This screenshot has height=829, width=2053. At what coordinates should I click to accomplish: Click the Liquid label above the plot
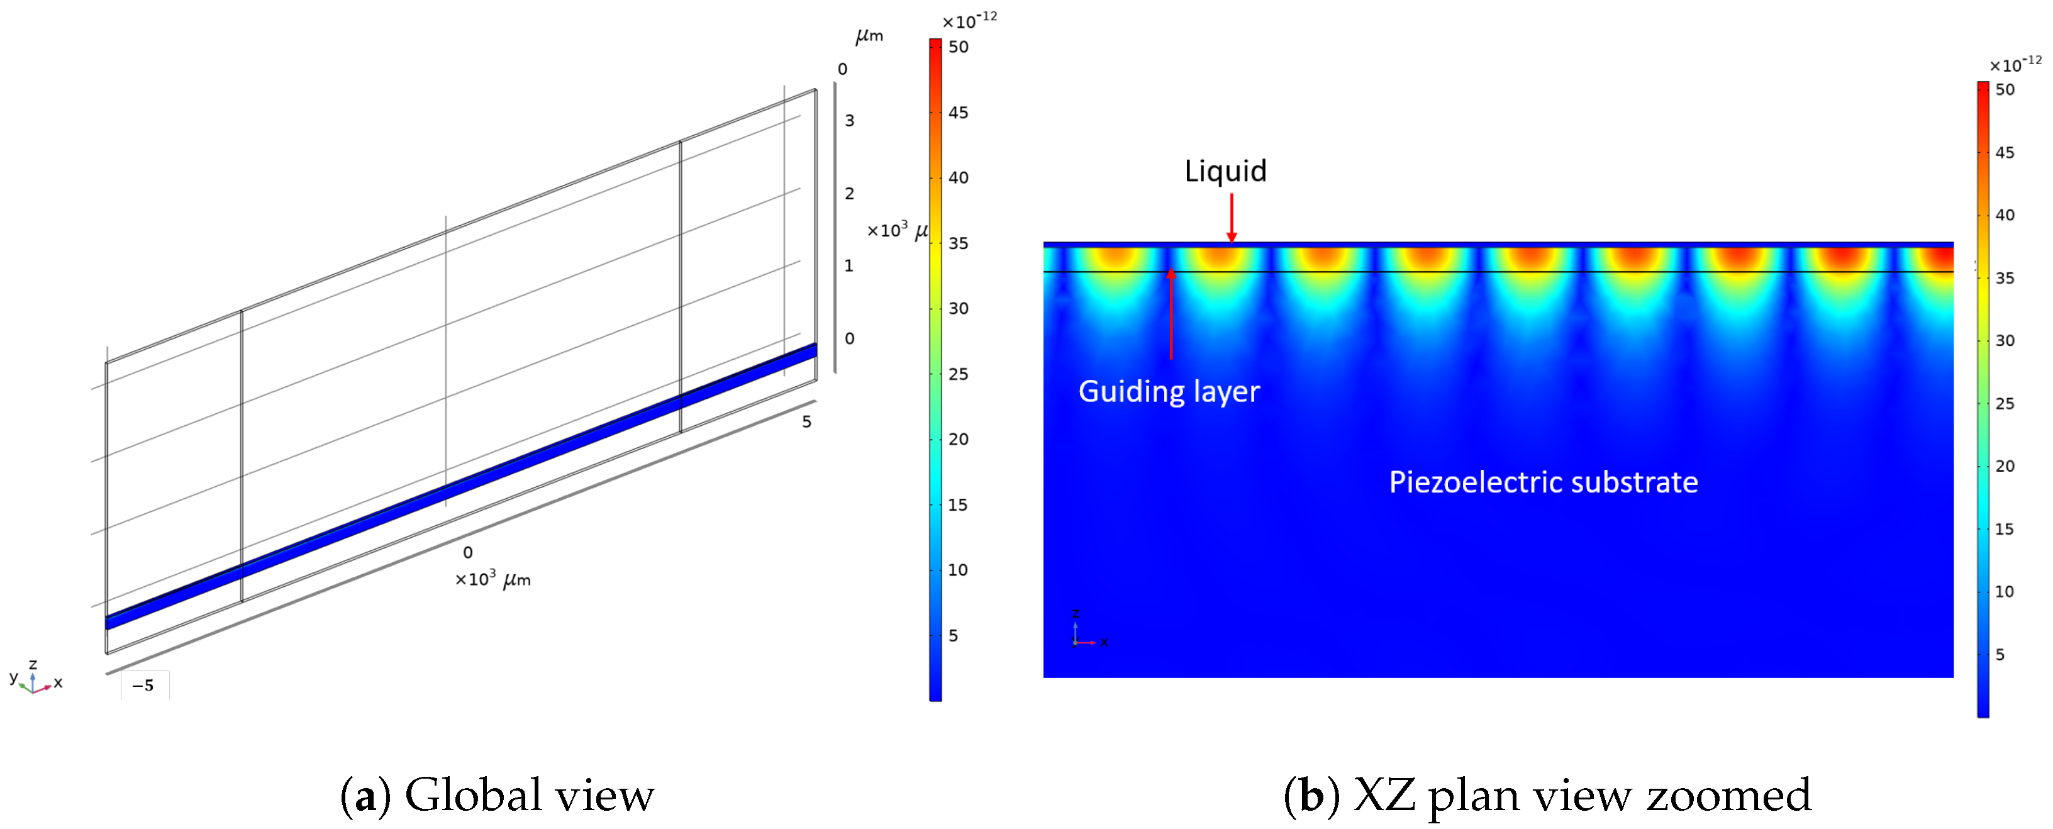[x=1225, y=171]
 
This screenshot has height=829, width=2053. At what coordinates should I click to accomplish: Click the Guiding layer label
[x=1169, y=391]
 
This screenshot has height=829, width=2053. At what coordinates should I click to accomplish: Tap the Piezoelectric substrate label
[x=1543, y=482]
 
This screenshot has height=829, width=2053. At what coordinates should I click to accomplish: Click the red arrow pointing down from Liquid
[x=1232, y=217]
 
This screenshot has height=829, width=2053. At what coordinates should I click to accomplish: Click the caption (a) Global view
[x=498, y=796]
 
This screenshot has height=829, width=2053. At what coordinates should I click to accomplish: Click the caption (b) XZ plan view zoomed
[x=1547, y=796]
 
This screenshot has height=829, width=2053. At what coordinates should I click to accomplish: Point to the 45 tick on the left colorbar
[x=958, y=113]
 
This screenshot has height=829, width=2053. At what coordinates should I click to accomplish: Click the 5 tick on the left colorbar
[x=953, y=635]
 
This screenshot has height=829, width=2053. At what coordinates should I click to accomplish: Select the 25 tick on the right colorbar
[x=2005, y=403]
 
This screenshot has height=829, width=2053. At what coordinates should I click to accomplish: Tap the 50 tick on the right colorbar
[x=2005, y=89]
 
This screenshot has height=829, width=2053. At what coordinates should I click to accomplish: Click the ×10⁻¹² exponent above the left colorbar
[x=969, y=20]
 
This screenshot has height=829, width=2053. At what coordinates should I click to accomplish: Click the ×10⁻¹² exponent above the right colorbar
[x=2015, y=64]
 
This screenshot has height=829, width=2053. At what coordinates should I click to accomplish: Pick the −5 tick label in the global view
[x=143, y=686]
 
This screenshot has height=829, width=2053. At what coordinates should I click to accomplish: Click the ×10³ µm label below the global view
[x=492, y=579]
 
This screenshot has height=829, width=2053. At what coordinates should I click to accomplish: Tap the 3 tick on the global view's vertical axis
[x=850, y=120]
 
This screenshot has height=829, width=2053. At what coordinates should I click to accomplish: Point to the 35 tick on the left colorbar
[x=958, y=243]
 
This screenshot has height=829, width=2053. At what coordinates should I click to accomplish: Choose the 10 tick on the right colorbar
[x=2005, y=591]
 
